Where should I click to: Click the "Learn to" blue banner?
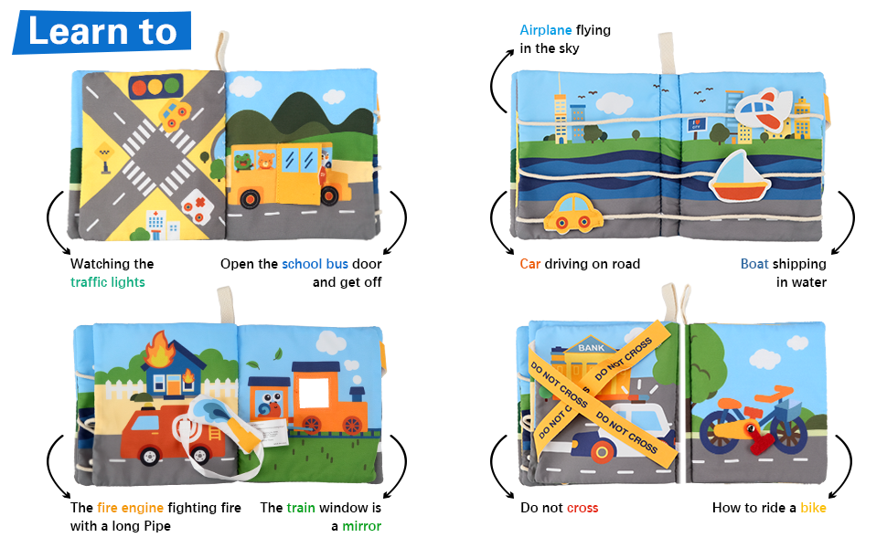point(102,32)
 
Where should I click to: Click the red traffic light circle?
point(139,87)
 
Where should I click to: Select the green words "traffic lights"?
point(108,282)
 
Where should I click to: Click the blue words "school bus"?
point(315,264)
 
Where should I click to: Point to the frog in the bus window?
point(244,161)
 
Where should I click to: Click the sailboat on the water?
point(738,176)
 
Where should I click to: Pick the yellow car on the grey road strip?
point(573,214)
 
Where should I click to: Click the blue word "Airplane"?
point(545,30)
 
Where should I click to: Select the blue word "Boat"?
point(754,264)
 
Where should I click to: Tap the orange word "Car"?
point(530,264)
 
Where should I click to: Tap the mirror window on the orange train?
point(314,393)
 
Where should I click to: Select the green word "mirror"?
point(361,526)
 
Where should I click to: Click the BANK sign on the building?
point(591,347)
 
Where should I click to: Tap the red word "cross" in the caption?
point(582,508)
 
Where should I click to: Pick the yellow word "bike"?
point(813,508)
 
